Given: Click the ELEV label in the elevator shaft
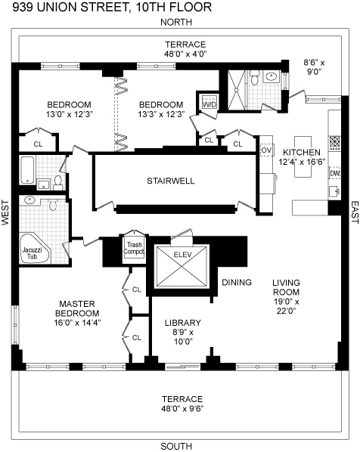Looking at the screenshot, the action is tap(182, 255).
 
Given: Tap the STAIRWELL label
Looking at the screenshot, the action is tap(171, 181).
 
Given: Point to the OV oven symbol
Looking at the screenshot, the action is tap(266, 150).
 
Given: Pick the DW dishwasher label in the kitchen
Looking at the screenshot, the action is tap(335, 174).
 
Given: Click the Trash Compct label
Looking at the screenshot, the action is tap(134, 248).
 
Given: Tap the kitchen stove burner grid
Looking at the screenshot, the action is tap(335, 141).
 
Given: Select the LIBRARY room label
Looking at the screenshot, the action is tap(183, 323).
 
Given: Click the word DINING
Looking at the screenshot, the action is tap(237, 282).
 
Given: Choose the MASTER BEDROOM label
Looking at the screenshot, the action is tap(77, 308).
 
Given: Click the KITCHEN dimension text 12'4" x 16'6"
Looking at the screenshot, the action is tap(302, 162).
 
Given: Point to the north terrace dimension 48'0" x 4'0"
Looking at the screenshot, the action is tap(186, 54).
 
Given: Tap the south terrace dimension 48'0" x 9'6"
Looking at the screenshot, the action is tap(182, 408).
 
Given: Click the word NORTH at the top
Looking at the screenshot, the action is tap(176, 22).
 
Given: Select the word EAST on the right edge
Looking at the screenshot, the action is tap(355, 212).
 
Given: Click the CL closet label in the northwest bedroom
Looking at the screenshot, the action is tap(38, 144).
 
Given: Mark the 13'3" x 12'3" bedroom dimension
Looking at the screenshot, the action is tap(161, 114).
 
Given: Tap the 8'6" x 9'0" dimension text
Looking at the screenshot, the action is tap(314, 67).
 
